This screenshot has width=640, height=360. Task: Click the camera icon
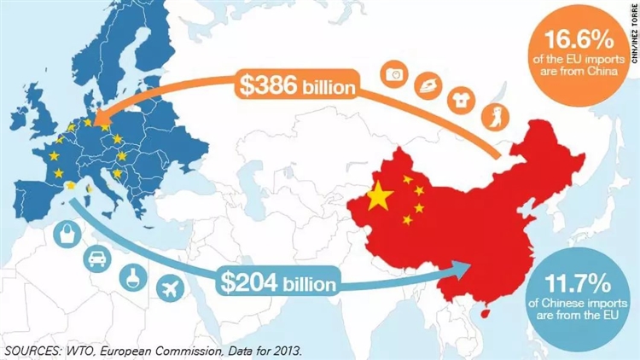click(x=396, y=75)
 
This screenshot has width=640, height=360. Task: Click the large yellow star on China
click(x=379, y=199)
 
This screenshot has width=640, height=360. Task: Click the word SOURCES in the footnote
click(x=35, y=350)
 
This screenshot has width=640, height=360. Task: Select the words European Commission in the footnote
click(x=167, y=350)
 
